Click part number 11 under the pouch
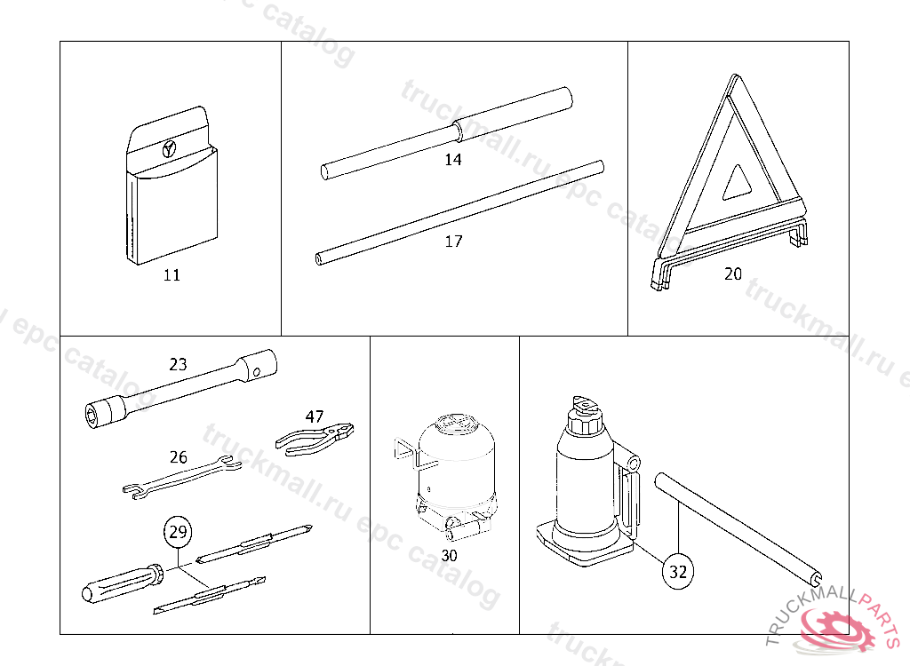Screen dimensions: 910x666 coord(172,275)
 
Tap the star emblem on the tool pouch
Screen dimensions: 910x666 coord(170,148)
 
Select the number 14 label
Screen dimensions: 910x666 coord(453,161)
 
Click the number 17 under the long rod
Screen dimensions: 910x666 coord(453,242)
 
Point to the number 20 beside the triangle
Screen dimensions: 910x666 coord(732,274)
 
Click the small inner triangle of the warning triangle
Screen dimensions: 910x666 coord(737,184)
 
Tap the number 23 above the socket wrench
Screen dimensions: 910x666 coord(178,363)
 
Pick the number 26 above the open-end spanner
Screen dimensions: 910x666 coord(179,457)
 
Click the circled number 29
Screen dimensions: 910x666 coord(178,533)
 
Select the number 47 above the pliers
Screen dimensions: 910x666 coord(315,416)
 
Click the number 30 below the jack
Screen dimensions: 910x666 coord(449,556)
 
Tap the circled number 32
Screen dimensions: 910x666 coord(677,573)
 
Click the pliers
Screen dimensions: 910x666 coord(315,438)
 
